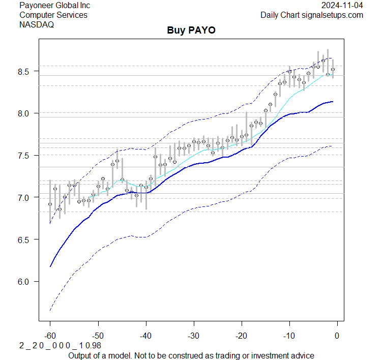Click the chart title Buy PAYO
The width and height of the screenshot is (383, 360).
(191, 31)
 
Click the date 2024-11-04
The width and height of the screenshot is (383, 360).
(342, 6)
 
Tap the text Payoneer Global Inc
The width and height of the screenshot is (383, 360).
(55, 6)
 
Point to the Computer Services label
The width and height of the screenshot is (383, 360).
(53, 15)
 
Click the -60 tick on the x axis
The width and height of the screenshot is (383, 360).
(50, 336)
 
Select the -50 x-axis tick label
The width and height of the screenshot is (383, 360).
(98, 336)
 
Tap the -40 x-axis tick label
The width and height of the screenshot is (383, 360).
(145, 336)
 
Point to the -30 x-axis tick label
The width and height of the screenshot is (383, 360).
(193, 336)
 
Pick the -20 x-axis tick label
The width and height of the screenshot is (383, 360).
(241, 336)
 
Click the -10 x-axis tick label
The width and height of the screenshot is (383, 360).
(289, 336)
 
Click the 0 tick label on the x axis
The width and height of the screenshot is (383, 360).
(337, 336)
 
